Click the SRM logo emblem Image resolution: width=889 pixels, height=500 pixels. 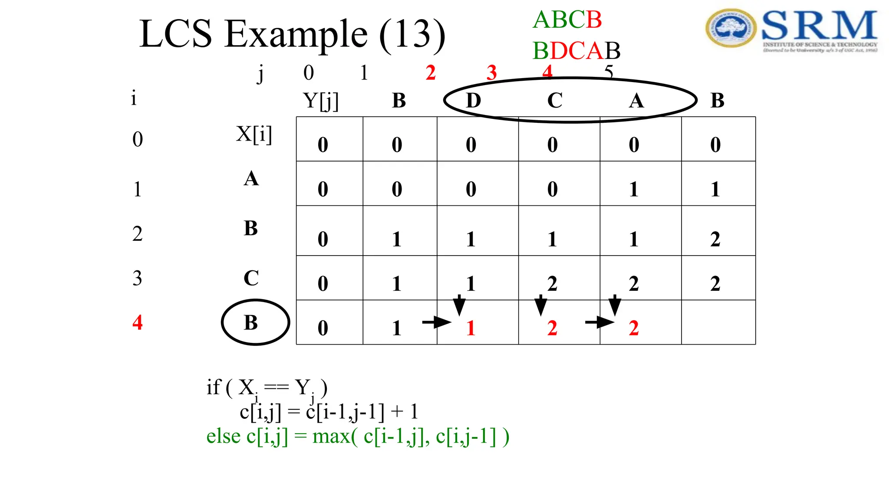pyautogui.click(x=731, y=28)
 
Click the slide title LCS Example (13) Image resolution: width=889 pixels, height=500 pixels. pyautogui.click(x=292, y=35)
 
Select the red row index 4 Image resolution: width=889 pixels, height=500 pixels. pyautogui.click(x=137, y=322)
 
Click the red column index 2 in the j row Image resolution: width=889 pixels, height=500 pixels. pyautogui.click(x=430, y=72)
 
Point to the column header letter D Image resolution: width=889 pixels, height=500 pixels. pyautogui.click(x=473, y=101)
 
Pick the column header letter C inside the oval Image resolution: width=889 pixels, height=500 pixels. pyautogui.click(x=554, y=101)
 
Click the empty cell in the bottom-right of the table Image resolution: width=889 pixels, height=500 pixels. pyautogui.click(x=718, y=322)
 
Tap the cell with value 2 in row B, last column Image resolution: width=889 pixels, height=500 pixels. pyautogui.click(x=715, y=239)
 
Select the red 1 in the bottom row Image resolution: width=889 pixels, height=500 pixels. pyautogui.click(x=471, y=328)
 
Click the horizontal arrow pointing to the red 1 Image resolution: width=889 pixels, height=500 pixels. pyautogui.click(x=436, y=322)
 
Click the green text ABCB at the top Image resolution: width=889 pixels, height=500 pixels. pyautogui.click(x=567, y=20)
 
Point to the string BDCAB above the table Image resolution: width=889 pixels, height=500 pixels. pyautogui.click(x=576, y=51)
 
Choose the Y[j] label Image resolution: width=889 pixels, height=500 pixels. pyautogui.click(x=321, y=101)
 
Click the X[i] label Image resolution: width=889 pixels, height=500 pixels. pyautogui.click(x=254, y=134)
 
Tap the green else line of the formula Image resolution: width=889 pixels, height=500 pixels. pyautogui.click(x=357, y=436)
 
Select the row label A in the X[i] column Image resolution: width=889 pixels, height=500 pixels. pyautogui.click(x=251, y=178)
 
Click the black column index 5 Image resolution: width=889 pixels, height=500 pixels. pyautogui.click(x=609, y=72)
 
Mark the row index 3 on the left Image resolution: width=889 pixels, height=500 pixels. pyautogui.click(x=137, y=278)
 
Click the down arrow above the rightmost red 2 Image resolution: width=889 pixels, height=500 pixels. pyautogui.click(x=615, y=305)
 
